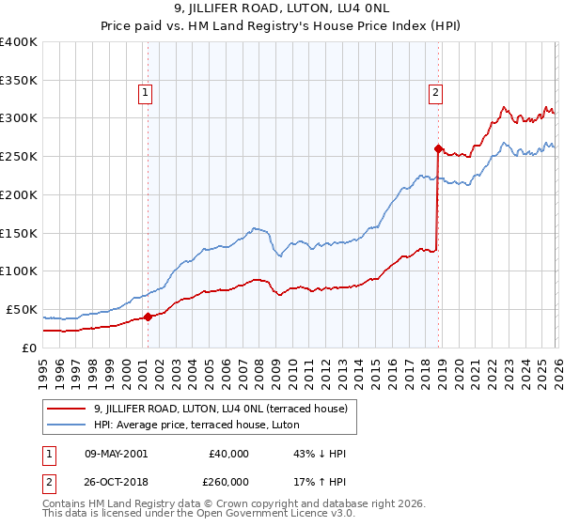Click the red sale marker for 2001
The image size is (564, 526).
tap(148, 317)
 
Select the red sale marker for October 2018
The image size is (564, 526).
tap(438, 148)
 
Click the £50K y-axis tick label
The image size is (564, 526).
tap(21, 309)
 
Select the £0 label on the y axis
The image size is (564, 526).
tap(29, 348)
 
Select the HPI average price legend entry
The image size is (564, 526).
tap(196, 425)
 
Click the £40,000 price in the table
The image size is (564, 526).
tap(229, 453)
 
